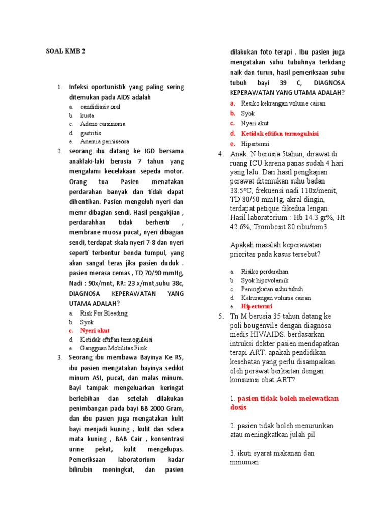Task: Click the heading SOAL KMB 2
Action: pyautogui.click(x=66, y=51)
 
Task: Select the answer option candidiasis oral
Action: pyautogui.click(x=100, y=107)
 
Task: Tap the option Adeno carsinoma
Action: pyautogui.click(x=103, y=124)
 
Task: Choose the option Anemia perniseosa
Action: pyautogui.click(x=104, y=141)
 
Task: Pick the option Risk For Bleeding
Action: pyautogui.click(x=104, y=313)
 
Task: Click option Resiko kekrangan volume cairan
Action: pyautogui.click(x=283, y=103)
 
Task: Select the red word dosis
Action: pyautogui.click(x=238, y=407)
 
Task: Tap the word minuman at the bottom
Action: pyautogui.click(x=244, y=462)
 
